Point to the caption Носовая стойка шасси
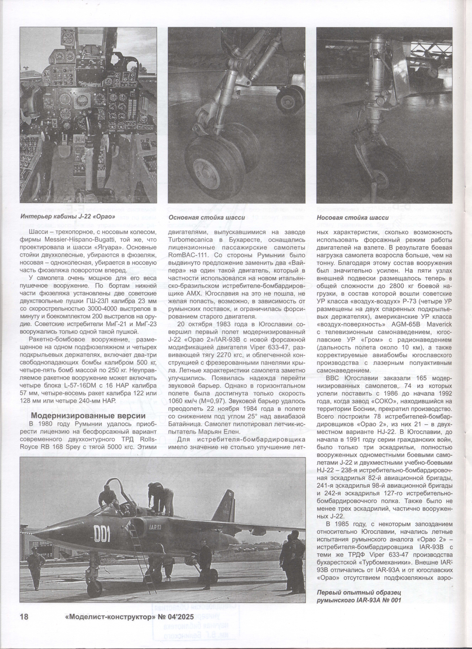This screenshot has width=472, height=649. [x=353, y=217]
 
